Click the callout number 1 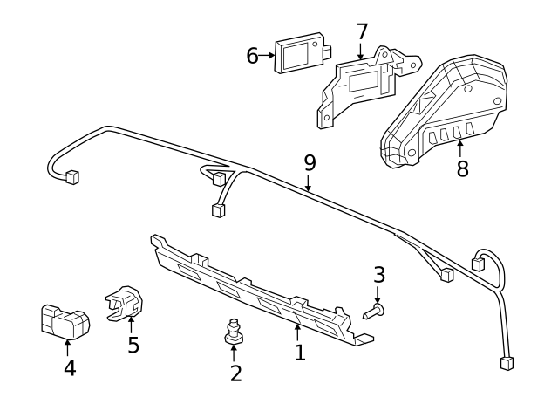click(299, 353)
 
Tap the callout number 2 click(235, 374)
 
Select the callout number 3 click(378, 275)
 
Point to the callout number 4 click(70, 368)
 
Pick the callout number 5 click(133, 345)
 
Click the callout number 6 click(252, 56)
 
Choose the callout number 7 click(363, 32)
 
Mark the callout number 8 click(462, 168)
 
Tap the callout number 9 click(310, 162)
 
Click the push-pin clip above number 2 click(234, 331)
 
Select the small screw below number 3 click(375, 309)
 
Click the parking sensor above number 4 click(65, 321)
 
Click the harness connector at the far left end click(71, 176)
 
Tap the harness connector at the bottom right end click(507, 363)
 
